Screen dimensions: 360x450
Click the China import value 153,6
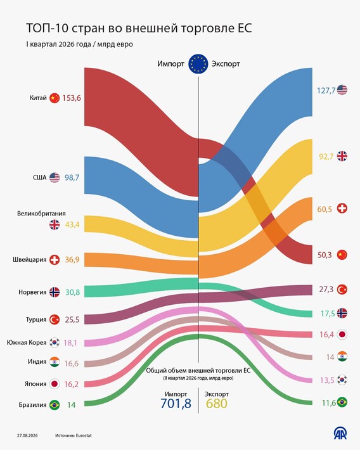coord(72,98)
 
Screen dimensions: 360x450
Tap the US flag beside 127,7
coord(342,90)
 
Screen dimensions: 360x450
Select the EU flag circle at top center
coord(198,63)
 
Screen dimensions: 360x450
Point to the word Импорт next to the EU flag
coord(170,64)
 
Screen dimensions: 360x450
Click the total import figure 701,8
coord(176,404)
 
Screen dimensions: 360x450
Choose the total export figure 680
coord(217,404)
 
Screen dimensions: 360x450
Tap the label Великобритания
coord(41,214)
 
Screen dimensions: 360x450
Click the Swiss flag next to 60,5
coord(342,209)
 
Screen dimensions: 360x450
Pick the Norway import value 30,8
coord(73,292)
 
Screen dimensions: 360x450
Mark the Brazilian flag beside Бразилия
coord(55,405)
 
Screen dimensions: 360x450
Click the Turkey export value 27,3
coord(326,289)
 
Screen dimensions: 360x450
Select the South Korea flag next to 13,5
coord(342,380)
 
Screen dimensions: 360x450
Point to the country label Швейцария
coord(30,260)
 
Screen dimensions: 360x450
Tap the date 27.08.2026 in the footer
coord(27,435)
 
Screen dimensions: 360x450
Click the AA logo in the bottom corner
coord(340,433)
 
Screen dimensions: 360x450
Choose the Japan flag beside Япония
coord(55,384)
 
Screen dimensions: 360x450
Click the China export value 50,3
coord(325,255)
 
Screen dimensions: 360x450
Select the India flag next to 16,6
coord(55,362)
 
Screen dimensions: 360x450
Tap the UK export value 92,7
coord(326,157)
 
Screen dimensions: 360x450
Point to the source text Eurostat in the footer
coord(84,435)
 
